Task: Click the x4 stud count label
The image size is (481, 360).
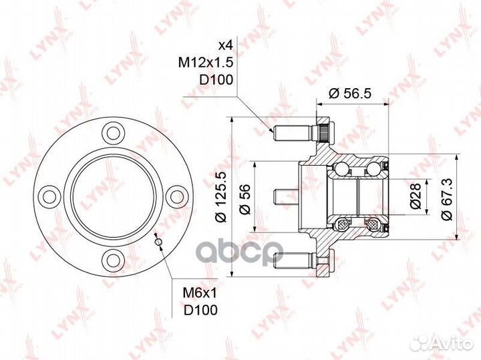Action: [225, 45]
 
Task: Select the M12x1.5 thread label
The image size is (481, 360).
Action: [206, 63]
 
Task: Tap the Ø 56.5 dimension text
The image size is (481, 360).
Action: [350, 94]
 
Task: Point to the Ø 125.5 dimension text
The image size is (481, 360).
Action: [220, 196]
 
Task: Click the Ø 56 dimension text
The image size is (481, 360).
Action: [245, 199]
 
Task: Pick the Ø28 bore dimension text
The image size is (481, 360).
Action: [416, 196]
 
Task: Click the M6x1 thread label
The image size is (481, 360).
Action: [200, 293]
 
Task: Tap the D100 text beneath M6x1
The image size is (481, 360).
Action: [200, 310]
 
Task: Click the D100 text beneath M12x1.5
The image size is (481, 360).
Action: [216, 79]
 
